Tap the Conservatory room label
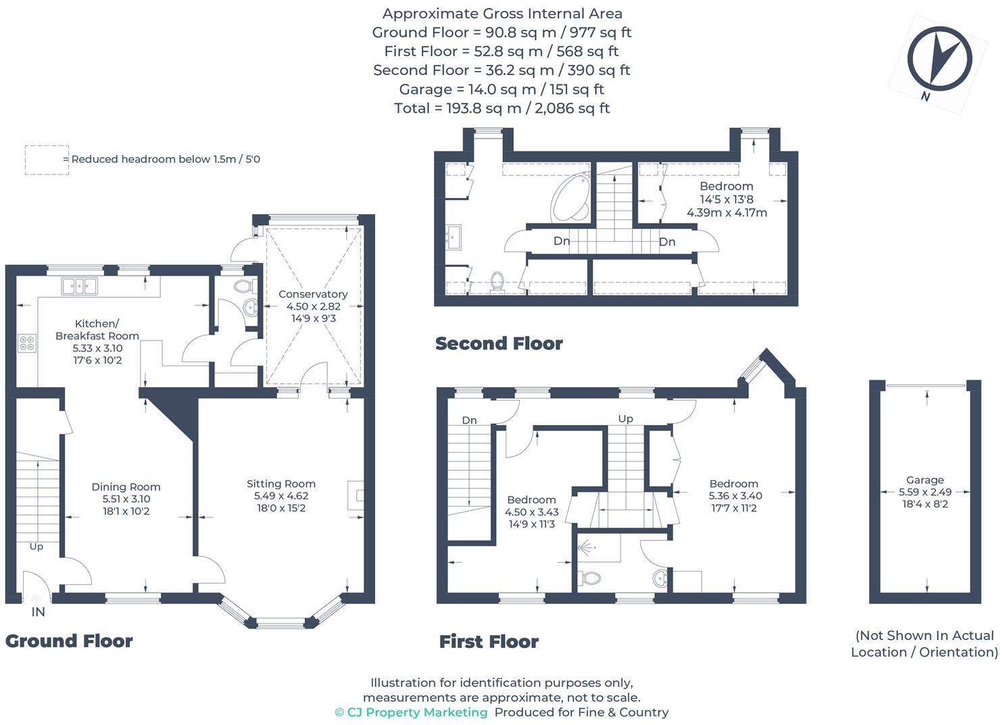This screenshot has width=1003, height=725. tap(313, 295)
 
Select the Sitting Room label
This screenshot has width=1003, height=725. tap(281, 484)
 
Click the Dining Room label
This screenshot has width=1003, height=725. tap(126, 487)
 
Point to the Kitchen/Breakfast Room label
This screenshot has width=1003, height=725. tap(97, 330)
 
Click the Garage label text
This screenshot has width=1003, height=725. tap(925, 480)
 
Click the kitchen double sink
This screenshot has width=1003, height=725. tap(79, 286)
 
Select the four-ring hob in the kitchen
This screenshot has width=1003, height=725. tap(27, 343)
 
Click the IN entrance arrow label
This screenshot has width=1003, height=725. tap(38, 611)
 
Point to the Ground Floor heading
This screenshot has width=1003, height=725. tap(69, 641)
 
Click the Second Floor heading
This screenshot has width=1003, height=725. tap(499, 344)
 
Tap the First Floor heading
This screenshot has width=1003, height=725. tap(489, 642)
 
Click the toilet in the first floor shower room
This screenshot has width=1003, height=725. tap(591, 578)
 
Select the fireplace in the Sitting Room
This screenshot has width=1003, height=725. tap(357, 495)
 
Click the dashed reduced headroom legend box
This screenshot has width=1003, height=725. tap(47, 160)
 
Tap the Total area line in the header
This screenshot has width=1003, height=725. tap(501, 108)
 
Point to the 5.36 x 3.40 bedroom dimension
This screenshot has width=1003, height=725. tap(735, 496)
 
